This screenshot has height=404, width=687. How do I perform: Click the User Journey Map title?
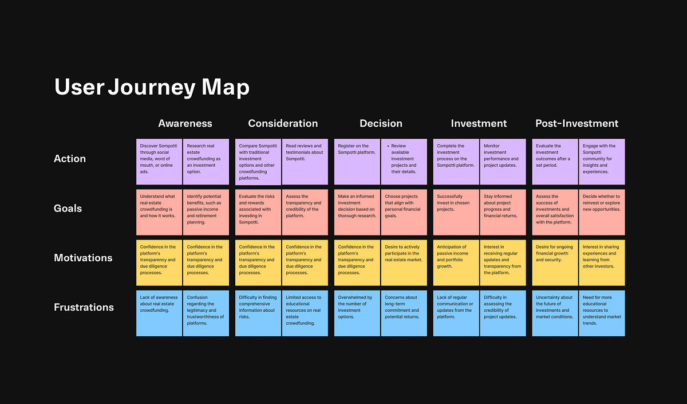click(152, 87)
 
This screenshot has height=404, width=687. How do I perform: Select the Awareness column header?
click(185, 123)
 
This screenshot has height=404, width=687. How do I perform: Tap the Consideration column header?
click(283, 123)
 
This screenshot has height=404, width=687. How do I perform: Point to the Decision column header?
click(381, 123)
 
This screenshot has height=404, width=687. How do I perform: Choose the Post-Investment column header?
click(577, 123)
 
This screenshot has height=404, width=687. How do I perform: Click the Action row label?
click(70, 159)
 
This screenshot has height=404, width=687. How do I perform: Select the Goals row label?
click(68, 209)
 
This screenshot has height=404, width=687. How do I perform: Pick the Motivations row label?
click(83, 258)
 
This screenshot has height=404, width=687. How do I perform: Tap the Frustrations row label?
click(84, 307)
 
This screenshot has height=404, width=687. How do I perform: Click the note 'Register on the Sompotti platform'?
click(357, 162)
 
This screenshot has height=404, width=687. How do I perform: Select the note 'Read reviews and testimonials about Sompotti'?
click(305, 162)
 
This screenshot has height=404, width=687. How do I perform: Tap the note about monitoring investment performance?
click(503, 162)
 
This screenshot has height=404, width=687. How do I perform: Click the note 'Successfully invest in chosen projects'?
click(456, 212)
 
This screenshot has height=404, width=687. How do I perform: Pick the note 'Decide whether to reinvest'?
click(602, 212)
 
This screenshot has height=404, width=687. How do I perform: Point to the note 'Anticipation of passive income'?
click(456, 262)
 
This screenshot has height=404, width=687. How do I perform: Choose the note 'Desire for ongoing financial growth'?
click(555, 262)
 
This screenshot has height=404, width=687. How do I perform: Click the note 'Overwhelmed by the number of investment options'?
click(357, 313)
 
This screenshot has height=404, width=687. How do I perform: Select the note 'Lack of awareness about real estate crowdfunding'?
click(159, 313)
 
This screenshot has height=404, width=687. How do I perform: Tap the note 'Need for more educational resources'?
click(602, 313)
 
